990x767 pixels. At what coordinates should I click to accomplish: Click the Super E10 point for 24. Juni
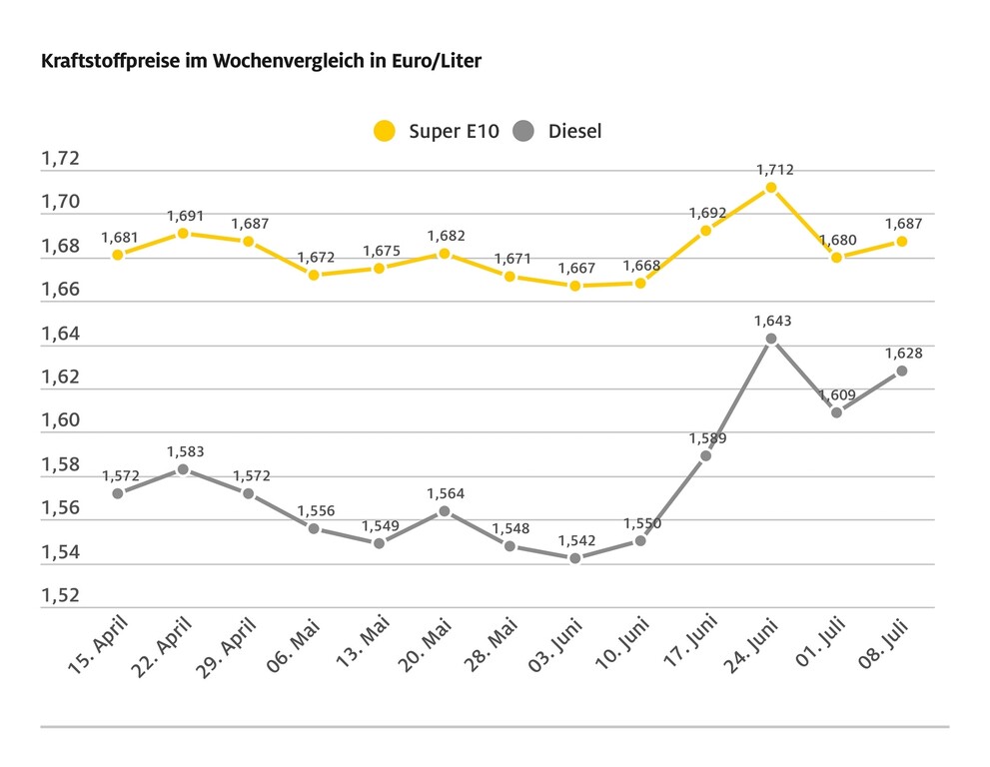click(771, 187)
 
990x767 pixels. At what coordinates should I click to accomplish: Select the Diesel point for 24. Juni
click(771, 339)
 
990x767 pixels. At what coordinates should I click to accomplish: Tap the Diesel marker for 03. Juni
click(575, 558)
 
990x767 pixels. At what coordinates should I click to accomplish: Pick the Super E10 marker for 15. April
click(118, 255)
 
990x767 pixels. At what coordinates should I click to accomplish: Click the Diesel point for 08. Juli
click(901, 371)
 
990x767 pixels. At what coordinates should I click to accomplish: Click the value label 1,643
click(771, 321)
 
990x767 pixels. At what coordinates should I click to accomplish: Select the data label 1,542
click(575, 540)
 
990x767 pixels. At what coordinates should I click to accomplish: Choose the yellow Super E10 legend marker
click(384, 131)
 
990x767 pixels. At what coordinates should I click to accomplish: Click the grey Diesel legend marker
click(523, 131)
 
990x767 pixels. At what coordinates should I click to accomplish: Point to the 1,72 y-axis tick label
click(59, 160)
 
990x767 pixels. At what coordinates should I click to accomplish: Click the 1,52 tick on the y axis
click(59, 595)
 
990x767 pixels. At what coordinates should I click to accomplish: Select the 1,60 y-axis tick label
click(59, 420)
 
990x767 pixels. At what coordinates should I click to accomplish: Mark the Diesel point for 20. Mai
click(445, 511)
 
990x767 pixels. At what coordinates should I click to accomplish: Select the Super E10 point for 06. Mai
click(314, 275)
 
